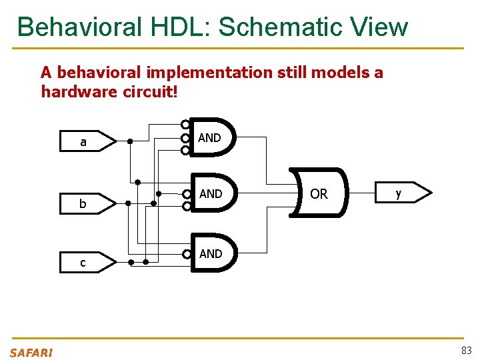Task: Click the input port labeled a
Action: [x=87, y=142]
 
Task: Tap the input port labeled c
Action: [x=87, y=263]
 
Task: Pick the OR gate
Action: [x=319, y=193]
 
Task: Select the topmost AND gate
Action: [x=212, y=137]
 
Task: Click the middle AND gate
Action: [x=212, y=193]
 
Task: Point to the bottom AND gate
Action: [x=212, y=253]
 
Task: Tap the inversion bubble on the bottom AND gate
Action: [x=186, y=254]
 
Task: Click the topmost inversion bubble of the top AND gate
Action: [x=185, y=125]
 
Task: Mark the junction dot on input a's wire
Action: [x=130, y=141]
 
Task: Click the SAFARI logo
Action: [x=31, y=352]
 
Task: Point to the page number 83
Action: [x=466, y=351]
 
